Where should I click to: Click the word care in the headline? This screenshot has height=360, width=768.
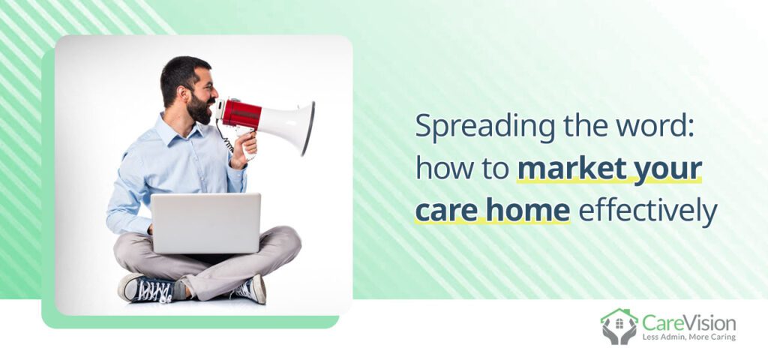point(442,213)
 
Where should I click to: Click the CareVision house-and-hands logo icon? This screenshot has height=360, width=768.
point(619,326)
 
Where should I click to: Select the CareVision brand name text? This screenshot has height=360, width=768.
point(688,322)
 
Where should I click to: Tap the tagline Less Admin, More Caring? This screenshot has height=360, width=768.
point(688,337)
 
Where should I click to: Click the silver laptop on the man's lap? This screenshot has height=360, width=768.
point(205,223)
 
